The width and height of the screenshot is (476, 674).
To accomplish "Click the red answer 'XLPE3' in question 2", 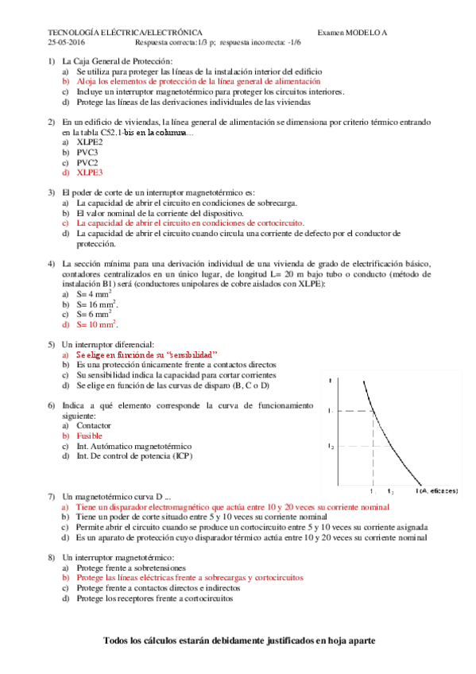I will (x=89, y=172).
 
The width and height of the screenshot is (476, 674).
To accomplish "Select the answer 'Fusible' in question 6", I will (x=91, y=436).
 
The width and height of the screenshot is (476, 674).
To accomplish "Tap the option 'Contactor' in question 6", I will (x=94, y=426).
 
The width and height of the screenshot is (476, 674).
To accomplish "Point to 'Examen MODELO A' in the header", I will (x=352, y=32).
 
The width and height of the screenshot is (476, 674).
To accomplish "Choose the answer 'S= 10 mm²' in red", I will (x=97, y=324).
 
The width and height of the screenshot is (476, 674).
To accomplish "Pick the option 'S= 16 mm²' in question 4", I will (x=97, y=304).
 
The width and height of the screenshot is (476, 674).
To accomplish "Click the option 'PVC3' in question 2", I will (x=87, y=151).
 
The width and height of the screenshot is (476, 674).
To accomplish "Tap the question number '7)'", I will (x=52, y=495).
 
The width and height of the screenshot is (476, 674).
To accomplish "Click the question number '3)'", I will (x=52, y=192).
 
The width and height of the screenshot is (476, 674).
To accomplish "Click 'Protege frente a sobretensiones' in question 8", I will (x=131, y=568).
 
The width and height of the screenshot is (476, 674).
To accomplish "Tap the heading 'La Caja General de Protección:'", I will (x=117, y=61).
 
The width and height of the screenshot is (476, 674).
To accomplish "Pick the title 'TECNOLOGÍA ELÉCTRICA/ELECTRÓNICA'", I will (x=125, y=32).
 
